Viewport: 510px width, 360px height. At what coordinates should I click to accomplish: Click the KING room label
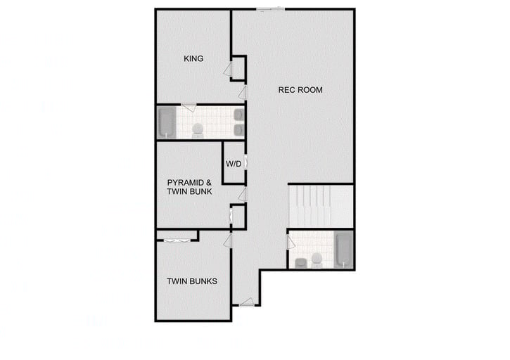coord(193,59)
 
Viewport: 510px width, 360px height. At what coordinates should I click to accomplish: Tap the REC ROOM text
coord(300,90)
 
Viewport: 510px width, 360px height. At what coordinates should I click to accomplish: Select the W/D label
coord(234,164)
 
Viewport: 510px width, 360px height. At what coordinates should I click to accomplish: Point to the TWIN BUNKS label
coord(192,281)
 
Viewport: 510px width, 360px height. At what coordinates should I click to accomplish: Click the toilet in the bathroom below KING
coord(198,129)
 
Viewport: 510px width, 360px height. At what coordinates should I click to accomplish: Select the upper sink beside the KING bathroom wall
coord(238,114)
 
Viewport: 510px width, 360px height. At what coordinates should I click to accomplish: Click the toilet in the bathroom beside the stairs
coord(317,260)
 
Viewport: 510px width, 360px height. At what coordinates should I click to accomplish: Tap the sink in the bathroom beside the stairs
coord(301,262)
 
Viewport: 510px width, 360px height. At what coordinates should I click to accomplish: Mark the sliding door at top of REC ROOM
coord(271,9)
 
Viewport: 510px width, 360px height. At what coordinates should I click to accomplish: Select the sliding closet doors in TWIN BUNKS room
coord(176,241)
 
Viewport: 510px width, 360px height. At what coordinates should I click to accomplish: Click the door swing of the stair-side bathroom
coord(291,243)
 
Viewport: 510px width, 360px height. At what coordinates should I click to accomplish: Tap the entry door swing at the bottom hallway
coord(246,302)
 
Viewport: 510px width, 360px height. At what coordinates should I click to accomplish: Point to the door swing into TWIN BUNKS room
coord(228,241)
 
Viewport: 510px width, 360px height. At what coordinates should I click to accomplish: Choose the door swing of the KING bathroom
coord(188,106)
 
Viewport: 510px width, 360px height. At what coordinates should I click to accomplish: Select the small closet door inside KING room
coord(229,69)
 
